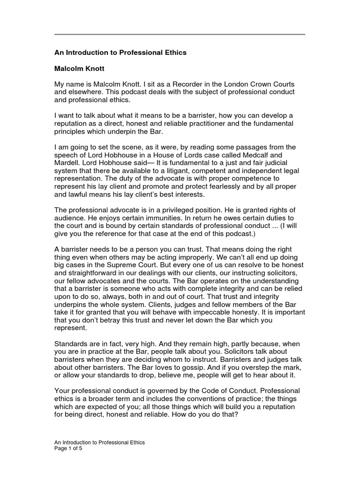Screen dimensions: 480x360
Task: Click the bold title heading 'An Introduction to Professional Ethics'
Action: pos(120,52)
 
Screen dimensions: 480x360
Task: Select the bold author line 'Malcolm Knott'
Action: pos(79,68)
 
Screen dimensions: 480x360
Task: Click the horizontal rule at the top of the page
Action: pos(180,34)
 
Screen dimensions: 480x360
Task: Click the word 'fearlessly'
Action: pos(198,186)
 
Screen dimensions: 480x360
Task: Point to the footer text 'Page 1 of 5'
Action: pos(68,448)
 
